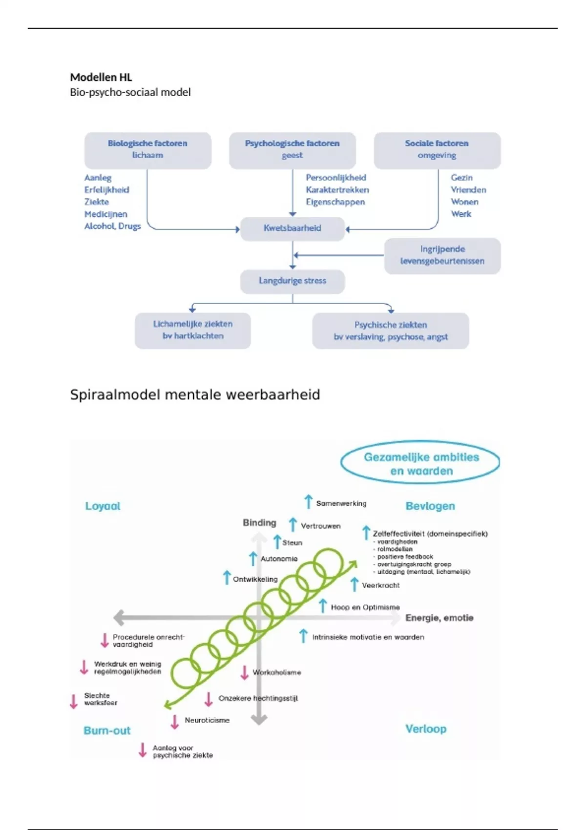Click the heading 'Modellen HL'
click(x=101, y=77)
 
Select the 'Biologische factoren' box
click(x=147, y=149)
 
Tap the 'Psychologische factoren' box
click(x=292, y=149)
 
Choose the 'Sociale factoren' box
click(x=437, y=149)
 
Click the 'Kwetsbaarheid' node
click(x=292, y=228)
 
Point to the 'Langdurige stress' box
click(x=292, y=281)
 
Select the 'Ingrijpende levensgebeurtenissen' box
click(x=442, y=255)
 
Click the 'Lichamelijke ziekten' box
click(x=192, y=330)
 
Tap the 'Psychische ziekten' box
click(x=390, y=331)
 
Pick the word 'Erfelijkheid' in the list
click(x=106, y=190)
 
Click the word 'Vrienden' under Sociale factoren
click(x=468, y=190)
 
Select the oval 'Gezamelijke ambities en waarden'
click(x=420, y=464)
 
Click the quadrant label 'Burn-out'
click(x=107, y=731)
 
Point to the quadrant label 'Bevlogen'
click(x=430, y=506)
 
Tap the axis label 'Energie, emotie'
click(x=439, y=618)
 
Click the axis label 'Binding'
click(x=259, y=523)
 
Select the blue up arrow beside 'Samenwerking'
click(x=308, y=501)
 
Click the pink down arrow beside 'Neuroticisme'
click(x=174, y=722)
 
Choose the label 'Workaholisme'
click(x=276, y=673)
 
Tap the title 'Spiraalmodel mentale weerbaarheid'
click(x=195, y=394)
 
